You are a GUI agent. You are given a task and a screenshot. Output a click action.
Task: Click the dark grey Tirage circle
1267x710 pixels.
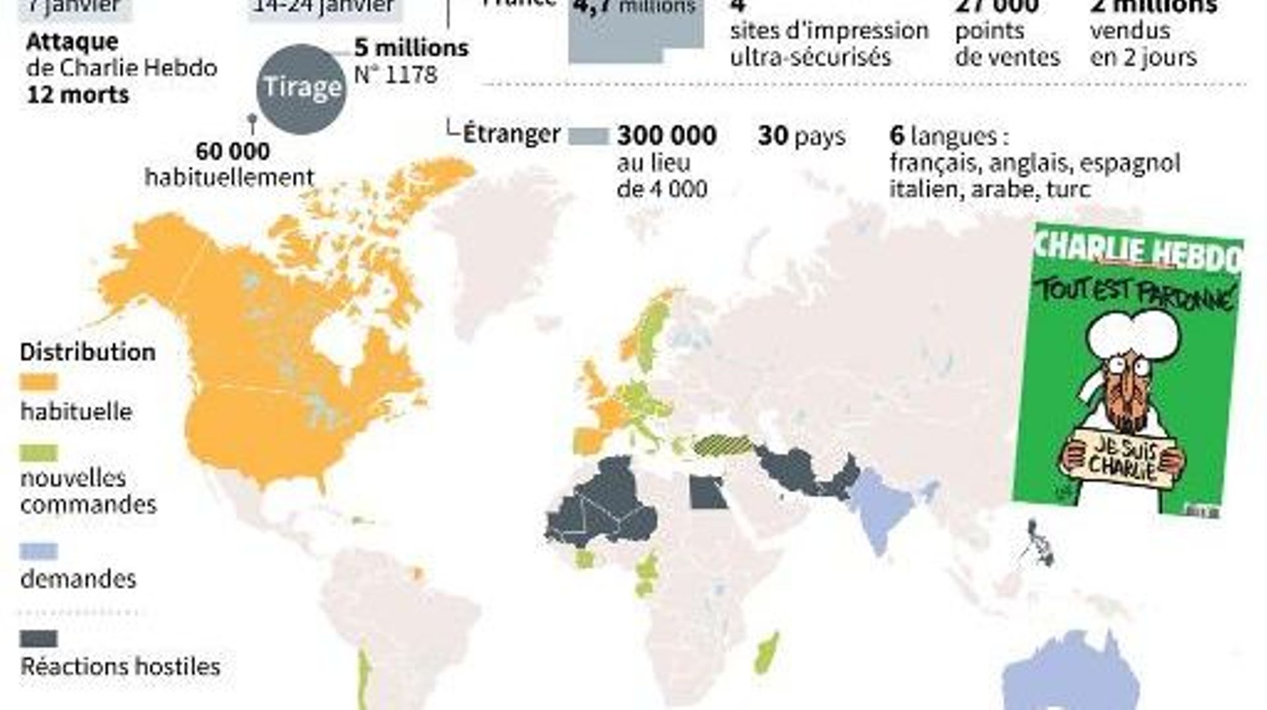click(301, 88)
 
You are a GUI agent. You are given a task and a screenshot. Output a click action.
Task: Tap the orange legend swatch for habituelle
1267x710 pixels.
click(39, 383)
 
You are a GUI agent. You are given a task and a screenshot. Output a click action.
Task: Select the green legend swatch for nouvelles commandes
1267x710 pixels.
click(39, 453)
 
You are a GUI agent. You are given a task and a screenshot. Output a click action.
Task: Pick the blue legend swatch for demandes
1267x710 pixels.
click(39, 552)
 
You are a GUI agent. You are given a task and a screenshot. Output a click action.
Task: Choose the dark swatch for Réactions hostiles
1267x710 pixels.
click(39, 639)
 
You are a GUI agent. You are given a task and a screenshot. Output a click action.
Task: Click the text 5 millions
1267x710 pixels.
click(411, 48)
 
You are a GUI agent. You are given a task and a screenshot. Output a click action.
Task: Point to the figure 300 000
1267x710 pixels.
click(666, 136)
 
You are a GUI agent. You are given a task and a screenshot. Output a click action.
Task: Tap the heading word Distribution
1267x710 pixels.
click(88, 352)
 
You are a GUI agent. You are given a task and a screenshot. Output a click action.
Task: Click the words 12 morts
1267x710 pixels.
click(78, 95)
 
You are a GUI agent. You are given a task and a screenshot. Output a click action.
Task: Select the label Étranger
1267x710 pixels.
click(511, 134)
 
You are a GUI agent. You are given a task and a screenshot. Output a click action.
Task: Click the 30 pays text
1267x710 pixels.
click(801, 136)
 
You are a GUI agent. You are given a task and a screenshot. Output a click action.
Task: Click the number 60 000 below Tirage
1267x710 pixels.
click(232, 152)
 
